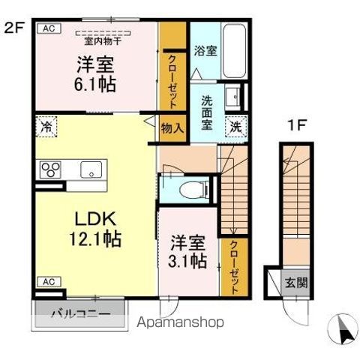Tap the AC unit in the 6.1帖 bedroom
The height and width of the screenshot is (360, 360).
point(47,28)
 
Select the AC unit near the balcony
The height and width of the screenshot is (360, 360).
point(47,282)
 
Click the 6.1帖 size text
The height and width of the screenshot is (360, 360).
point(94,84)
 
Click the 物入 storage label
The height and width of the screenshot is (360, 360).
point(172,127)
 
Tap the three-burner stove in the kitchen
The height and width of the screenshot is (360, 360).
point(50,169)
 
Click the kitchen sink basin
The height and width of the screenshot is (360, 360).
point(91,169)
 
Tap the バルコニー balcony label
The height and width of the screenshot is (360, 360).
point(79,313)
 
